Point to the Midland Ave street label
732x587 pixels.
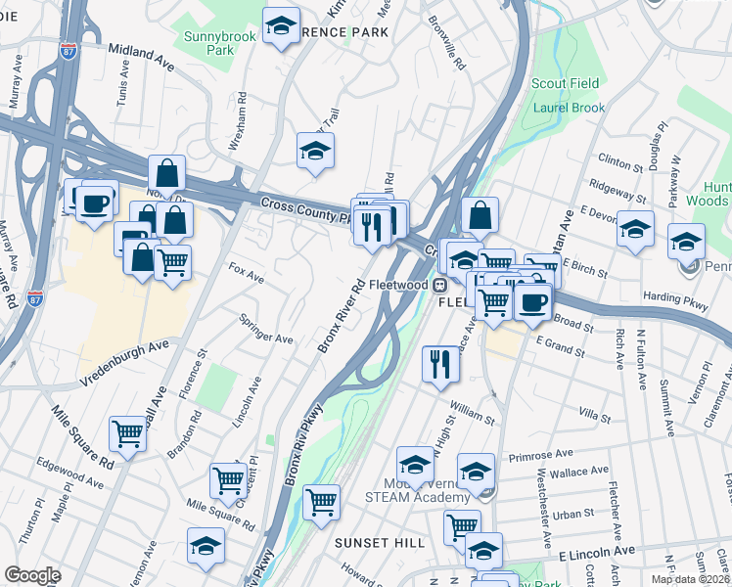[x=141, y=56]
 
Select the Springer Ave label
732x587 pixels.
[x=267, y=329]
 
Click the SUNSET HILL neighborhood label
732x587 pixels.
[x=380, y=542]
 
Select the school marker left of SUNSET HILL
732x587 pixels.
[x=206, y=545]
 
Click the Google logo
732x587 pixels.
[x=32, y=575]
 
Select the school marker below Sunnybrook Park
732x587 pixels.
[x=315, y=150]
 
